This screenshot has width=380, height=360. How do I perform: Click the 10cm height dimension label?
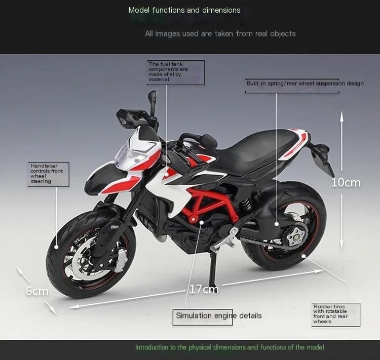click(346, 182)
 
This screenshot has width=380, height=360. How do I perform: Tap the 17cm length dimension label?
click(204, 289)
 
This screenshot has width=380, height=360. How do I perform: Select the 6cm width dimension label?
click(37, 291)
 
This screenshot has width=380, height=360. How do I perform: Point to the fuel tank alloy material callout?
click(176, 72)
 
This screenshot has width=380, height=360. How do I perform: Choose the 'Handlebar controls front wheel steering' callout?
click(49, 174)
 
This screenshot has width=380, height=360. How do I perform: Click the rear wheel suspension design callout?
click(305, 84)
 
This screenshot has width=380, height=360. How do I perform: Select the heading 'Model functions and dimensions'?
click(184, 10)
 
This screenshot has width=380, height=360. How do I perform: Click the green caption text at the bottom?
click(229, 347)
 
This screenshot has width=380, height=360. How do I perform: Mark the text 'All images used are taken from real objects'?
click(220, 33)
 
